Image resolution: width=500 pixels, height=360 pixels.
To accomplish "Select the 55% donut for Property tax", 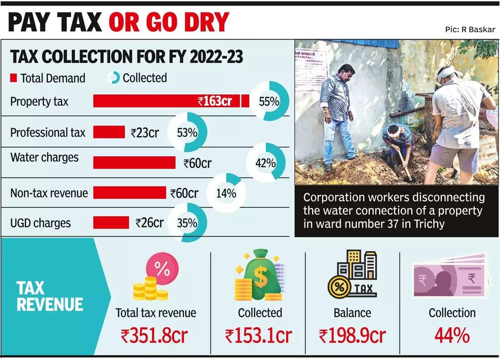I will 269,101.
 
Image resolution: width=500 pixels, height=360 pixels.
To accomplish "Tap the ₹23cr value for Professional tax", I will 145,133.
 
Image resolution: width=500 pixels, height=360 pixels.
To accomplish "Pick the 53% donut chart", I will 187,133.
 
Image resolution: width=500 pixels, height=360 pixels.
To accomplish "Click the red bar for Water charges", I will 134,163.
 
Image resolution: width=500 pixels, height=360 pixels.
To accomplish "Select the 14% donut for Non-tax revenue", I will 226,193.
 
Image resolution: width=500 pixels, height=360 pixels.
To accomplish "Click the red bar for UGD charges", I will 111,222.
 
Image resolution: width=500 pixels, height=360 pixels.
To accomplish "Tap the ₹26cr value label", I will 150,223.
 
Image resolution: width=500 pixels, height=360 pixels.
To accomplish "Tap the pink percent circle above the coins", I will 162,269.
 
